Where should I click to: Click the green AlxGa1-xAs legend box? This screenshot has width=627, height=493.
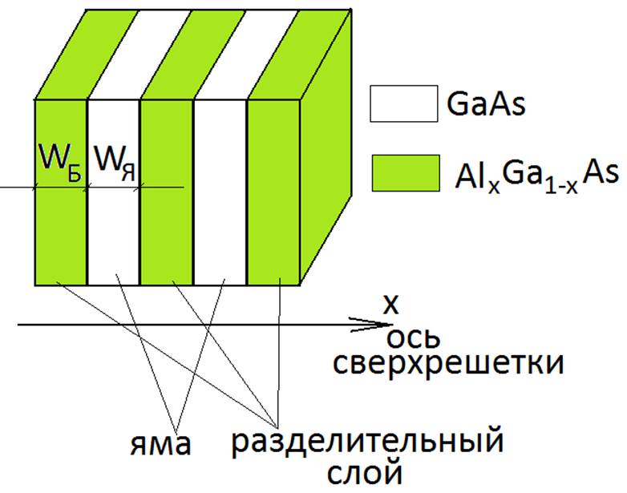click(x=403, y=174)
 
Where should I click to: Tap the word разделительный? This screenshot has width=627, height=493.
click(x=367, y=441)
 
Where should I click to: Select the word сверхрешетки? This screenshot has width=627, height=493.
click(x=447, y=364)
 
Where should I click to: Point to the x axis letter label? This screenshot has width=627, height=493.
click(x=390, y=305)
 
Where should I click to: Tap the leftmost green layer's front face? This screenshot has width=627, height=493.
click(x=61, y=232)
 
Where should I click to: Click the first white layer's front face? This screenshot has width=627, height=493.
click(x=114, y=232)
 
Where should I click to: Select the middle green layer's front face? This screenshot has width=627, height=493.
click(x=167, y=232)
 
